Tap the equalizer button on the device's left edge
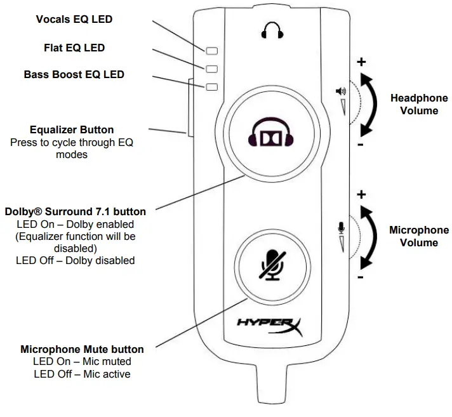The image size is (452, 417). pyautogui.click(x=189, y=107)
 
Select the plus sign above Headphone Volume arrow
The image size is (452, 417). pyautogui.click(x=361, y=62)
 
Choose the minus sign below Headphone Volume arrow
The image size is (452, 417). pyautogui.click(x=360, y=145)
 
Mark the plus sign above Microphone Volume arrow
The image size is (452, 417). pyautogui.click(x=361, y=194)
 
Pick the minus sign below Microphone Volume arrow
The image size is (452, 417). pyautogui.click(x=360, y=277)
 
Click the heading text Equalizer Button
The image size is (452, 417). pyautogui.click(x=72, y=130)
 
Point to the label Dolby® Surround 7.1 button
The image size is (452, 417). pyautogui.click(x=75, y=211)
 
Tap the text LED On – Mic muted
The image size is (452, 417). pyautogui.click(x=82, y=362)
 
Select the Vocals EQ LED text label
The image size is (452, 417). pyautogui.click(x=74, y=20)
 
